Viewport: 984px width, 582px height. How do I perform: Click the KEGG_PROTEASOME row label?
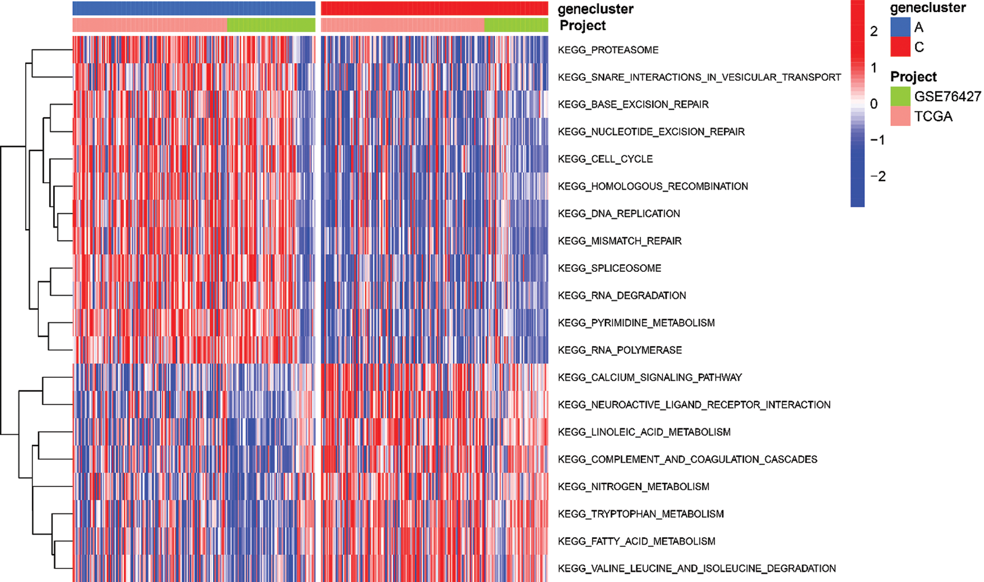pyautogui.click(x=608, y=50)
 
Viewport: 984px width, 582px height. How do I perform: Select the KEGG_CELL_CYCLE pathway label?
pyautogui.click(x=605, y=159)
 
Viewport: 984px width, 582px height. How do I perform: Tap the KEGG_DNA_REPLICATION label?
pyautogui.click(x=619, y=213)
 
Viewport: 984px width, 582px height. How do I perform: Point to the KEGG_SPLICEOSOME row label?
pyautogui.click(x=609, y=268)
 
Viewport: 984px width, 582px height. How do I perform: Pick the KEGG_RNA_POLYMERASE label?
pyautogui.click(x=620, y=350)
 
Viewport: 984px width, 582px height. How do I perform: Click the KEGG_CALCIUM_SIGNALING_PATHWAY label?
pyautogui.click(x=649, y=377)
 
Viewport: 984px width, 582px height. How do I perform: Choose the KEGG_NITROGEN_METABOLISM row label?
pyautogui.click(x=633, y=486)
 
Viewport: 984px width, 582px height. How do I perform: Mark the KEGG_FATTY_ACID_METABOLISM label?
pyautogui.click(x=636, y=541)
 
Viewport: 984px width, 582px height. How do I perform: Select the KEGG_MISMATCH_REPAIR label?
pyautogui.click(x=619, y=241)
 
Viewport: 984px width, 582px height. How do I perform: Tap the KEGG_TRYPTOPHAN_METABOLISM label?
pyautogui.click(x=640, y=514)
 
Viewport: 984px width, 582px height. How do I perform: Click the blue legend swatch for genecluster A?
pyautogui.click(x=900, y=27)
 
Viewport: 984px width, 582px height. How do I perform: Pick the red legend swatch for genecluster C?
pyautogui.click(x=900, y=47)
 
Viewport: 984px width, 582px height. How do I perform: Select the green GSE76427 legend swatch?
pyautogui.click(x=900, y=96)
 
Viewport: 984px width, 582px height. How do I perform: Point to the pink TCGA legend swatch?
pyautogui.click(x=900, y=116)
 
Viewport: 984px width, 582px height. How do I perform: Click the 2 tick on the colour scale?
pyautogui.click(x=874, y=31)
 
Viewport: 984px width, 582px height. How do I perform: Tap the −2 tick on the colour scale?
pyautogui.click(x=878, y=177)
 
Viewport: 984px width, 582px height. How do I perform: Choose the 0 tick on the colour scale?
pyautogui.click(x=874, y=104)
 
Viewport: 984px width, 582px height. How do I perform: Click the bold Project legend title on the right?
pyautogui.click(x=913, y=77)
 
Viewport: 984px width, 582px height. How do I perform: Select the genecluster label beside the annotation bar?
pyautogui.click(x=595, y=9)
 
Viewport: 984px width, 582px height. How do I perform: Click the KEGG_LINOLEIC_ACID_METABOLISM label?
pyautogui.click(x=644, y=432)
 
